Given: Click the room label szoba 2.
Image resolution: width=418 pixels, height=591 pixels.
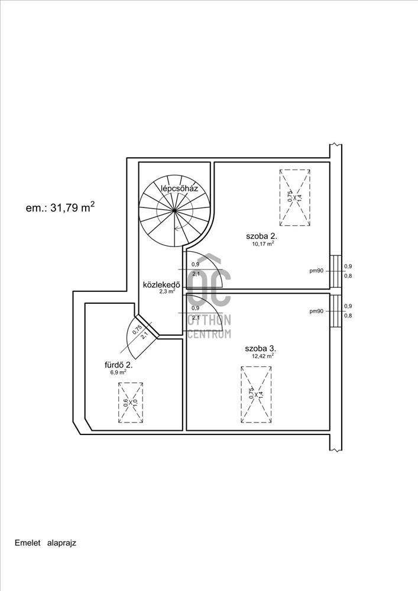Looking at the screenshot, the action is coord(262,236).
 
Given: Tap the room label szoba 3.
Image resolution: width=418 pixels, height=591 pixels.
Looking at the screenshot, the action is coord(261,348).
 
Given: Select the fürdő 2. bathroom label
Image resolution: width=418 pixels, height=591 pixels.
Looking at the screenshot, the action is coord(118,365).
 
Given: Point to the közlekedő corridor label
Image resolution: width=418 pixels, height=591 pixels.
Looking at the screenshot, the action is coord(161,285).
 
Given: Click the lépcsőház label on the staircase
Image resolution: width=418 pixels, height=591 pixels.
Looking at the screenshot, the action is coord(179,189).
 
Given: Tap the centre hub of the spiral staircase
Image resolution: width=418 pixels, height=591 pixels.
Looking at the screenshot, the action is coord(175,210).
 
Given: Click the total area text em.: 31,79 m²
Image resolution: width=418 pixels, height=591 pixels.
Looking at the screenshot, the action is coord(60,207).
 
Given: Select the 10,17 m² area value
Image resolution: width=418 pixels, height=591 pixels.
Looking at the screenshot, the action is coord(263,243).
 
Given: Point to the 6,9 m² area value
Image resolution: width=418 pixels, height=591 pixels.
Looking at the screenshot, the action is coord(118,372).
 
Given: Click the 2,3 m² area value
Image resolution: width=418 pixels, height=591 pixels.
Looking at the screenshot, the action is coord(167,291).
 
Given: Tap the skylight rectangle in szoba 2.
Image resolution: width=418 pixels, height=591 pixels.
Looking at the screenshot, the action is coord(295,197).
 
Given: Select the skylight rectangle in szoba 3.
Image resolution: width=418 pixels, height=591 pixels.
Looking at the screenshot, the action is coord(257,395).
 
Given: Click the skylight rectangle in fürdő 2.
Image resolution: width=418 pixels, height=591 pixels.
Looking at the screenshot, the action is coord(131,402).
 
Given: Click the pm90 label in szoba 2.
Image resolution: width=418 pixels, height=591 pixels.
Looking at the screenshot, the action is coord(316,271).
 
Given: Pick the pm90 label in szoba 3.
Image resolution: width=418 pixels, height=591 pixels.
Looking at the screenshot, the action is coord(316,311).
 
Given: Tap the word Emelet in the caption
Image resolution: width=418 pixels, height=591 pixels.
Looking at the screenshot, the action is coord(28,543).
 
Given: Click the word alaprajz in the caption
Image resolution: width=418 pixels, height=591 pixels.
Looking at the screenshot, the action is coord(62,543).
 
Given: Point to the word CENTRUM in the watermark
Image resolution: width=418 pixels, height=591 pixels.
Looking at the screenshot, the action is coord(209,334).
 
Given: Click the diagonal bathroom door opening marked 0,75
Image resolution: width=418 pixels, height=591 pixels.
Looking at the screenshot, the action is coord(147,324).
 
